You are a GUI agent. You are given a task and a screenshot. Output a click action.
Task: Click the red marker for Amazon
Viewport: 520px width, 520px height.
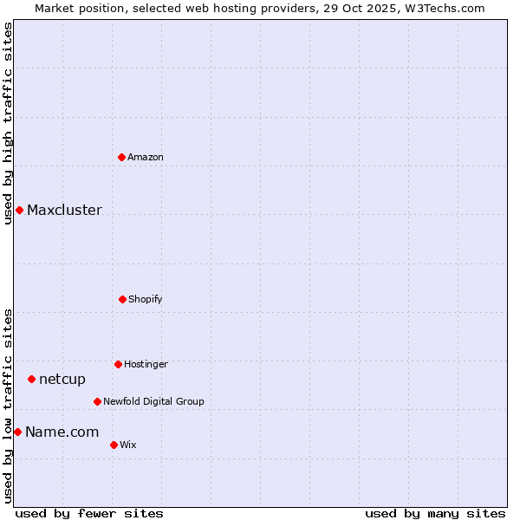click(x=122, y=157)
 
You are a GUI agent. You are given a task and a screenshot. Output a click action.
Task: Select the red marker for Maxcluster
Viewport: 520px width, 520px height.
click(x=19, y=210)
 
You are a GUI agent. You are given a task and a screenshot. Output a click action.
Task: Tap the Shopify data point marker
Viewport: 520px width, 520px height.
click(x=122, y=299)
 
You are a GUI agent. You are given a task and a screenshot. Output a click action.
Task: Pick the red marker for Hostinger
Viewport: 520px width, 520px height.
click(x=118, y=364)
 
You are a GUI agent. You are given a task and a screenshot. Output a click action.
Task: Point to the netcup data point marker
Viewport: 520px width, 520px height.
click(x=31, y=379)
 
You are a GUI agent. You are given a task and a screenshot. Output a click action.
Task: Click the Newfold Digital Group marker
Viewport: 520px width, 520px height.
click(x=97, y=401)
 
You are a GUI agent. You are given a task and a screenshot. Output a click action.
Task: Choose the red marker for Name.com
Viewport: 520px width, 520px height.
click(x=17, y=432)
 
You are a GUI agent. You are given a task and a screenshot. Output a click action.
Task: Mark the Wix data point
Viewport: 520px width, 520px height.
click(x=114, y=445)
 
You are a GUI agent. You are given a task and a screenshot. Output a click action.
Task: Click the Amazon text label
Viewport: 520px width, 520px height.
click(x=146, y=157)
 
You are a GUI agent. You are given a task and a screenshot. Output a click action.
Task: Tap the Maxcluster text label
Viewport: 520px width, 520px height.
click(x=64, y=210)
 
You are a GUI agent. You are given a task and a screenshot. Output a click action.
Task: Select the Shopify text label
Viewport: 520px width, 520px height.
click(x=146, y=299)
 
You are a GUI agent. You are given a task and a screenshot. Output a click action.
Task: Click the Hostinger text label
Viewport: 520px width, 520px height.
click(x=146, y=364)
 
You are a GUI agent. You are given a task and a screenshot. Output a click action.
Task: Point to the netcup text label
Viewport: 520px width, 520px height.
click(x=62, y=379)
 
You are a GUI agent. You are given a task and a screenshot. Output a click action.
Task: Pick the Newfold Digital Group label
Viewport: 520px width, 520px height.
click(x=153, y=401)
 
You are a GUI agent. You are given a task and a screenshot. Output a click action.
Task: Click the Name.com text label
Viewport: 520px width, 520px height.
click(x=62, y=432)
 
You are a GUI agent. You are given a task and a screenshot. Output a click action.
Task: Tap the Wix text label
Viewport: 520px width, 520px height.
click(x=128, y=445)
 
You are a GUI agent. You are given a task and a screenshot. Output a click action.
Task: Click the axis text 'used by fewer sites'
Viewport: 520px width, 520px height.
click(x=89, y=513)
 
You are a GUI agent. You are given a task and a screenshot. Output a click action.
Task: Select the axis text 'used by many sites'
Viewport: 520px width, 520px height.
click(x=435, y=513)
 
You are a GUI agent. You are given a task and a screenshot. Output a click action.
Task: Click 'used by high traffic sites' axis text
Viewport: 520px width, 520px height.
click(x=8, y=122)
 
